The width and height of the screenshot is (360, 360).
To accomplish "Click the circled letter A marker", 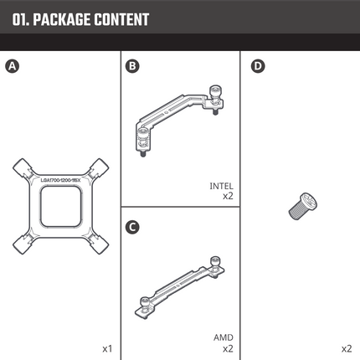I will pyautogui.click(x=12, y=65).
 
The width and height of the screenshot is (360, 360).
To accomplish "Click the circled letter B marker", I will pyautogui.click(x=132, y=65).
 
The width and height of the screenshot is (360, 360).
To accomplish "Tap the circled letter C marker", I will pyautogui.click(x=132, y=226).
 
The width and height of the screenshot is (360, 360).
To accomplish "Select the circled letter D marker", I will pyautogui.click(x=257, y=65).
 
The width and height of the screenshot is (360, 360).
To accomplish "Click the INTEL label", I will pyautogui.click(x=221, y=186).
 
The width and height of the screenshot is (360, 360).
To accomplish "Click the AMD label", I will pyautogui.click(x=224, y=337).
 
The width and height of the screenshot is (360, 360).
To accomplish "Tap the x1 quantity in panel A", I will pyautogui.click(x=107, y=347).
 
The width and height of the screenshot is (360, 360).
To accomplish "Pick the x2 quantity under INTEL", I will pyautogui.click(x=228, y=197).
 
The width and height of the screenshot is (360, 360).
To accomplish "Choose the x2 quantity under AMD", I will pyautogui.click(x=228, y=347).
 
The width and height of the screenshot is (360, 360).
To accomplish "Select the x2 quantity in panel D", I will pyautogui.click(x=347, y=347).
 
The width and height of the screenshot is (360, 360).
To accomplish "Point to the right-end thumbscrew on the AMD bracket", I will pyautogui.click(x=217, y=267).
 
